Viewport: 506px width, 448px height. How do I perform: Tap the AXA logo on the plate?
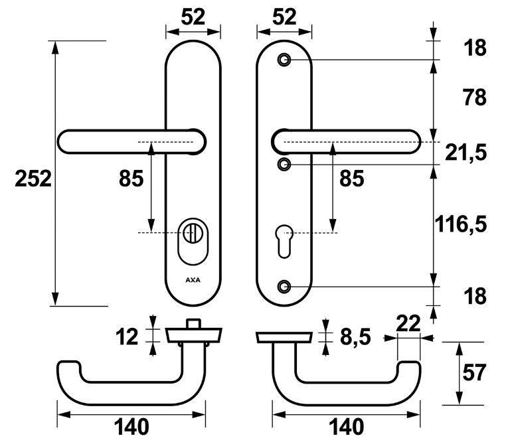point(193,279)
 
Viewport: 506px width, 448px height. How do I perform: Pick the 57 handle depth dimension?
point(487,374)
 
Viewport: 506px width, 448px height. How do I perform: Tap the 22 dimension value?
point(408,323)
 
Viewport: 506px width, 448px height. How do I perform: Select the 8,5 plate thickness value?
point(355,338)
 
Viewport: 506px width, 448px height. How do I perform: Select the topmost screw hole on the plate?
point(284,60)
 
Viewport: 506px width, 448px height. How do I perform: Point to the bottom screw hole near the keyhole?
point(284,287)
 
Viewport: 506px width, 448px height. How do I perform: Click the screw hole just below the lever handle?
point(284,163)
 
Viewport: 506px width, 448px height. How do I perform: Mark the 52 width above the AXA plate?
point(192,17)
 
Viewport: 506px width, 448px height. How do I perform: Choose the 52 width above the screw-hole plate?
point(284,17)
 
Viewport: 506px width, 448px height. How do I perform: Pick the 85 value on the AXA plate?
point(131,179)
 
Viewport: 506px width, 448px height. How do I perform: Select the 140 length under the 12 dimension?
point(131,427)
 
